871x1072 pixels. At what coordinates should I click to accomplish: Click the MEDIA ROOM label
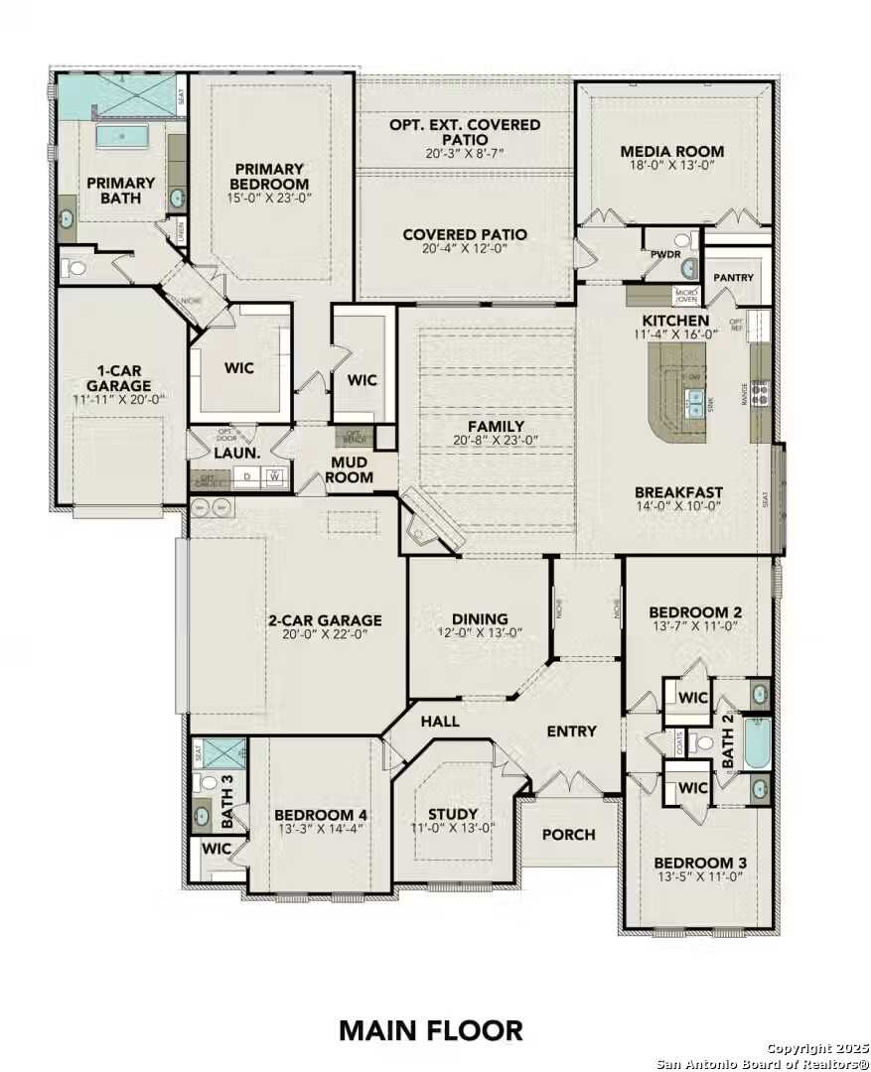[672, 152]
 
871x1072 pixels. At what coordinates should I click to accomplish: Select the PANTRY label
[733, 278]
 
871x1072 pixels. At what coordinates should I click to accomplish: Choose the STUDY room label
[453, 814]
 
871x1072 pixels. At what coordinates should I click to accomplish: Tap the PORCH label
[569, 835]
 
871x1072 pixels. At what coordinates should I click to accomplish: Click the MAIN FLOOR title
[430, 1030]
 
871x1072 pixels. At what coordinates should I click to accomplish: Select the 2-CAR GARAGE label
[325, 620]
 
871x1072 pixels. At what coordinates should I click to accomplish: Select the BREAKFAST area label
[679, 491]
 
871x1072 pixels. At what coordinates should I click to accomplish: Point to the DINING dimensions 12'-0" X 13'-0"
[480, 633]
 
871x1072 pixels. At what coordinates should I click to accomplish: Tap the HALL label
[439, 721]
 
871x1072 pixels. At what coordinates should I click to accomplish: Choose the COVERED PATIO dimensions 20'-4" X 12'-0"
[465, 250]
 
